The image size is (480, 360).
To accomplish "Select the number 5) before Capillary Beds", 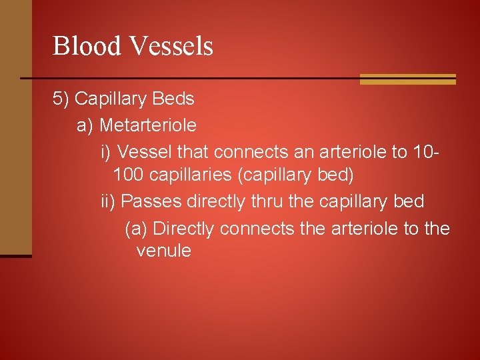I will (x=61, y=99).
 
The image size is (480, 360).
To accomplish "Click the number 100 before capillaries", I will (x=129, y=176).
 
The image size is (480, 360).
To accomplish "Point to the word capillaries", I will (x=193, y=176).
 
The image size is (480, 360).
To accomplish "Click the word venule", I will (x=163, y=251).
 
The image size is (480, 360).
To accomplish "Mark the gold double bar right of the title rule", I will (x=407, y=79).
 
